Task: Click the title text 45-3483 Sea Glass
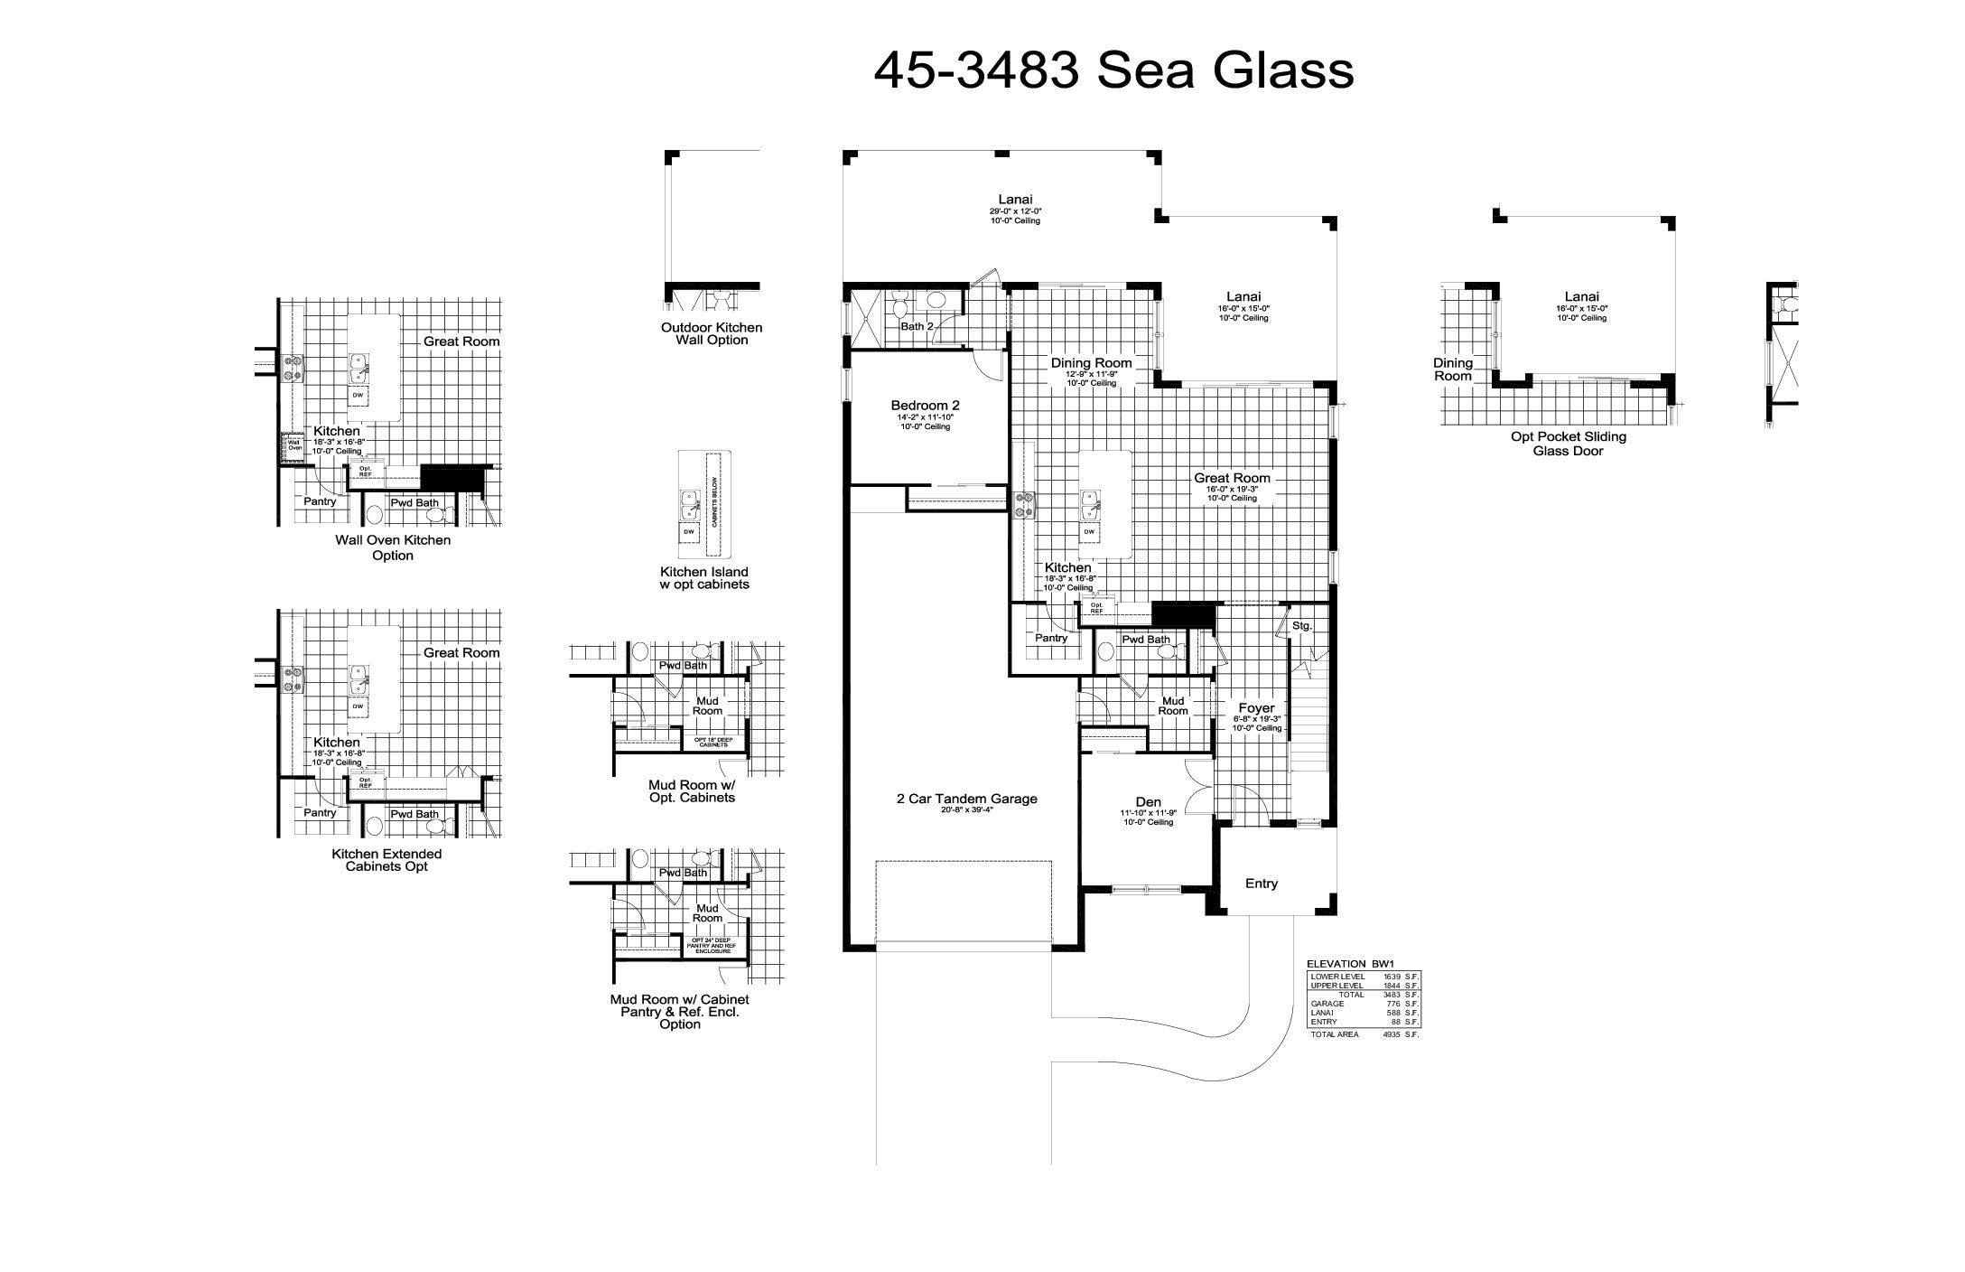pos(1113,70)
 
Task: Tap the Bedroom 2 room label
pos(925,406)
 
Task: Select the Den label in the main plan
pos(1148,801)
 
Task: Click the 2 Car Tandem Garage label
pos(966,799)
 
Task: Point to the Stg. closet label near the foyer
pos(1301,625)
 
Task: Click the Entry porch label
pos(1261,884)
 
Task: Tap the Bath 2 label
pos(916,326)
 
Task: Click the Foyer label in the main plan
pos(1255,708)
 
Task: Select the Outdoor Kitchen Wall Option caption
pos(712,333)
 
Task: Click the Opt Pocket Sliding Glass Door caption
pos(1568,444)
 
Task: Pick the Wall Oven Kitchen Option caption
pos(393,547)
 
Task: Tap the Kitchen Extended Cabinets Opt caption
pos(386,860)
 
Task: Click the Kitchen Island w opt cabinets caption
pos(704,578)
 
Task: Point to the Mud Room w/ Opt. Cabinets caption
pos(692,791)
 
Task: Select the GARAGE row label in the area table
pos(1327,1004)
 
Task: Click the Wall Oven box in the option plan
pos(294,444)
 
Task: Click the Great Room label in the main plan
pos(1232,478)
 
